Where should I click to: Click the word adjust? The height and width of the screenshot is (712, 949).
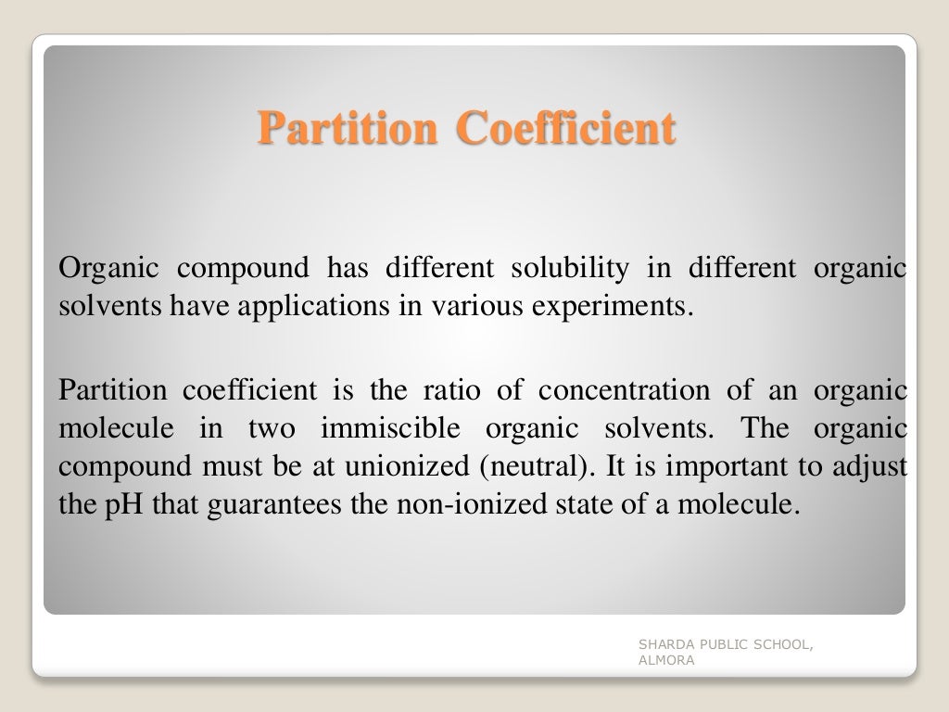(871, 465)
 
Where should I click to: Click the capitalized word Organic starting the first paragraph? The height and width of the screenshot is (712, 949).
(104, 269)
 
